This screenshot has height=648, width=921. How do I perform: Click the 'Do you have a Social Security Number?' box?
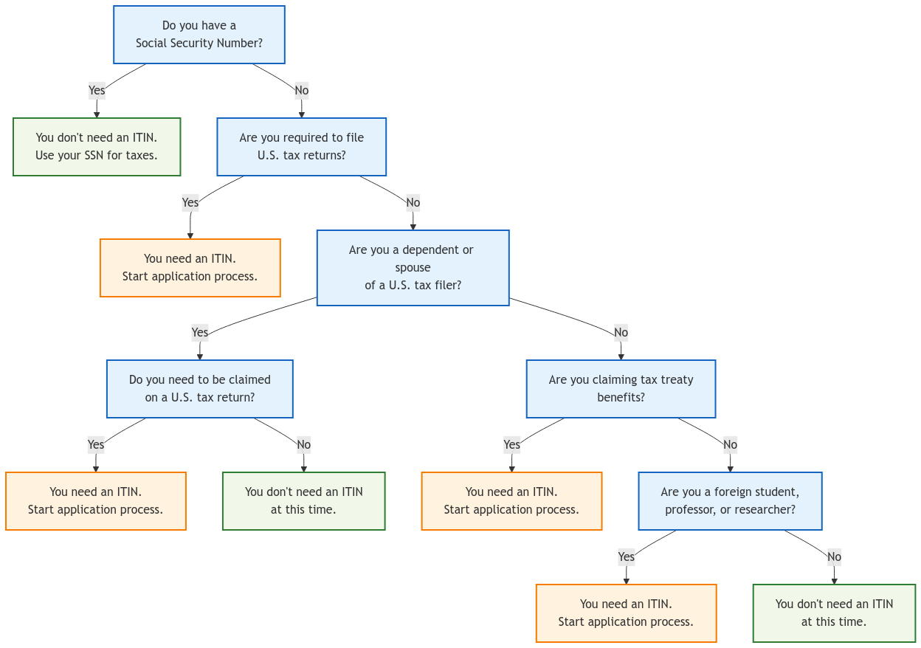[199, 35]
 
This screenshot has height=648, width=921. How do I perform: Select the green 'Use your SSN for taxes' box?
[97, 147]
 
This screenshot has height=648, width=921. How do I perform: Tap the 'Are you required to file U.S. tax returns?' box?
[301, 147]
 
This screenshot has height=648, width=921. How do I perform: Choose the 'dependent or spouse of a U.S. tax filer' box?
[413, 267]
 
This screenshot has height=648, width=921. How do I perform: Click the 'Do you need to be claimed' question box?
[199, 389]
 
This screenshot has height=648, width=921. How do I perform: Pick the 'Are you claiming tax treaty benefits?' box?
[621, 389]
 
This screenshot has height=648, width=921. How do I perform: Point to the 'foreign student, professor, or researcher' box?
[730, 501]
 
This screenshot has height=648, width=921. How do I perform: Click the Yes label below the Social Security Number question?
[97, 90]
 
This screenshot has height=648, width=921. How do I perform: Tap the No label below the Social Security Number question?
[301, 90]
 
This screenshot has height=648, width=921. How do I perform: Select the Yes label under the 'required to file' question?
[190, 202]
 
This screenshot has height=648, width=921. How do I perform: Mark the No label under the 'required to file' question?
[413, 202]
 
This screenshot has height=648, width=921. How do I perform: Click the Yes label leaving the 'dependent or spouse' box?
[199, 332]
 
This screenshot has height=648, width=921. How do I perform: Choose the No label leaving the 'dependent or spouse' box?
[621, 332]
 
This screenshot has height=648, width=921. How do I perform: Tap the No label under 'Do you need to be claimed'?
[303, 444]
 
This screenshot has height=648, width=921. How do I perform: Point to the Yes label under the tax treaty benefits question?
[511, 444]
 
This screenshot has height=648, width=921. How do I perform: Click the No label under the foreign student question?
[834, 556]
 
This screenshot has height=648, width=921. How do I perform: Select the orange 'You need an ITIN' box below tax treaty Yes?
[511, 501]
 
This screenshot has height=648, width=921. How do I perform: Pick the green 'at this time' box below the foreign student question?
[834, 613]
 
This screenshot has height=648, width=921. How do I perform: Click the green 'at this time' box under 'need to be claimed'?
[303, 501]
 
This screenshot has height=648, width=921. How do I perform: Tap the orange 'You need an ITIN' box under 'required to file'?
[190, 268]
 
